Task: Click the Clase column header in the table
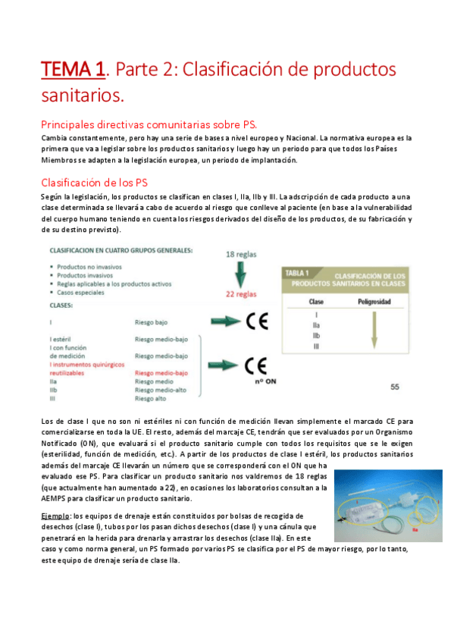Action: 317,301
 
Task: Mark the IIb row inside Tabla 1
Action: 316,334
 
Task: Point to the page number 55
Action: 394,387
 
